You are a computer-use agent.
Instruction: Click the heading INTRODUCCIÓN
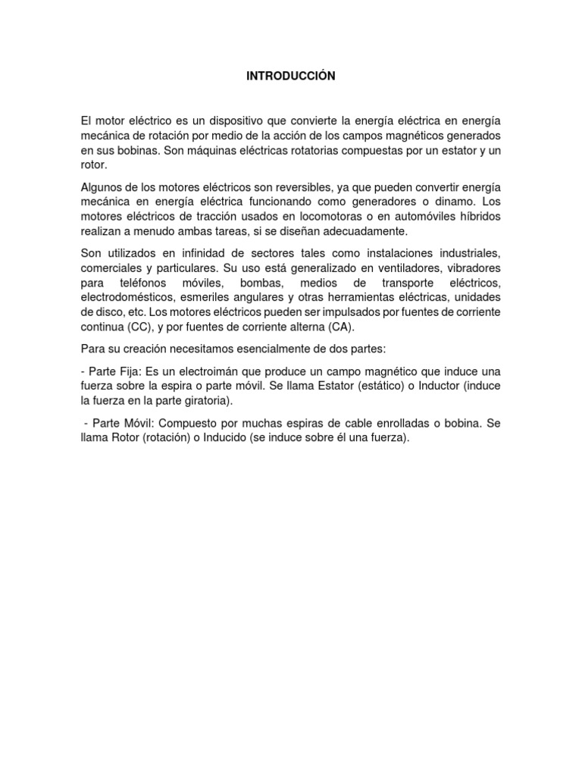(290, 76)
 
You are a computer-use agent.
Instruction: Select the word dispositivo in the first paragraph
(221, 121)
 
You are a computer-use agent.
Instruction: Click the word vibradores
(468, 270)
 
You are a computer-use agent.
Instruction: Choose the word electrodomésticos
(129, 299)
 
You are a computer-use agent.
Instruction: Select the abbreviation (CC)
(136, 327)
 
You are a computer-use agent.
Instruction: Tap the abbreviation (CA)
(340, 327)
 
